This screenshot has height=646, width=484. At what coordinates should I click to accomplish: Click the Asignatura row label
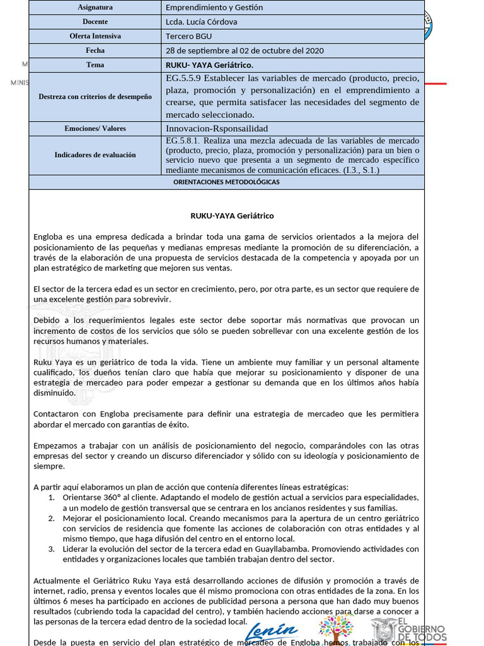point(95,8)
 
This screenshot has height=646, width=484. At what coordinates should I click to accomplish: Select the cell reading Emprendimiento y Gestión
point(214,8)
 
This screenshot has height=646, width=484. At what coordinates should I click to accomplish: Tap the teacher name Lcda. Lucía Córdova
point(201,21)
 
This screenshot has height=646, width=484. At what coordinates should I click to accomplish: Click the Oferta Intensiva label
point(95,36)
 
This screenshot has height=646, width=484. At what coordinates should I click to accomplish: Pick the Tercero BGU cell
point(189,36)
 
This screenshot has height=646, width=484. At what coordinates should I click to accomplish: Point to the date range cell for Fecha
point(244,50)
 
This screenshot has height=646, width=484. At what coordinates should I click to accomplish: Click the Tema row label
point(95,65)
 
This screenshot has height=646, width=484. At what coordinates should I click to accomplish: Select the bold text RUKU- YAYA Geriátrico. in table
point(209,65)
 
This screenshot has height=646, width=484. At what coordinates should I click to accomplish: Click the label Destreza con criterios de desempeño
point(95,97)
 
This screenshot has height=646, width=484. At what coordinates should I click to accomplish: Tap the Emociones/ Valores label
point(95,129)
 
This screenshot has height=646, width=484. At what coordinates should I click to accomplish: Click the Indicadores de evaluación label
point(95,155)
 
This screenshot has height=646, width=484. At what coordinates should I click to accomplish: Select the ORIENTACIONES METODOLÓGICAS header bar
point(226,182)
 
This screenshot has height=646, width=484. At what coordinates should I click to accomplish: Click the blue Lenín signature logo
point(271,631)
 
